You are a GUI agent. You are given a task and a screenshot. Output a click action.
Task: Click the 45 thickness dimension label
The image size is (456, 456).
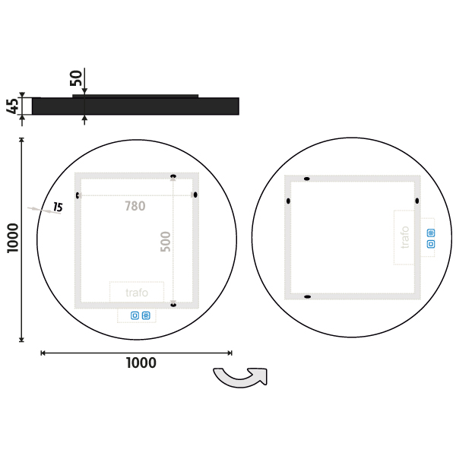tap(12, 106)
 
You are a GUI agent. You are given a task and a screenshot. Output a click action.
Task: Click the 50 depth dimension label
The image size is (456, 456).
tap(76, 78)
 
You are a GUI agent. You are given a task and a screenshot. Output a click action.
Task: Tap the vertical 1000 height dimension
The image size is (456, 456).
tap(13, 238)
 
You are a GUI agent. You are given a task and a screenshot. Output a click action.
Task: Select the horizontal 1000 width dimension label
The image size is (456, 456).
tap(141, 363)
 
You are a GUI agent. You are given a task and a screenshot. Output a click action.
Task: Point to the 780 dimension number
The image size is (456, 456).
tap(135, 206)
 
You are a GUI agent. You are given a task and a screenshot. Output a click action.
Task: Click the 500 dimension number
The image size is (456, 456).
tap(166, 242)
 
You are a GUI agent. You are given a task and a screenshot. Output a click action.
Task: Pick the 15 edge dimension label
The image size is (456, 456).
tap(58, 207)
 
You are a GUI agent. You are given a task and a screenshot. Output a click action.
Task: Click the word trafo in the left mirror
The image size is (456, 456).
tap(137, 293)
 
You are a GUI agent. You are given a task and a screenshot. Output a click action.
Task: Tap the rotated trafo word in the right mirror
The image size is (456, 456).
tap(405, 237)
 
